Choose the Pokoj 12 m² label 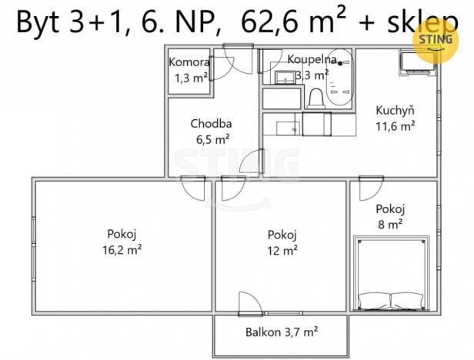click(282, 242)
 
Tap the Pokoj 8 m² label click(390, 216)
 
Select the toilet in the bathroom click(315, 97)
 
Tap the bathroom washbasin click(283, 76)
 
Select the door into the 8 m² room click(371, 187)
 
